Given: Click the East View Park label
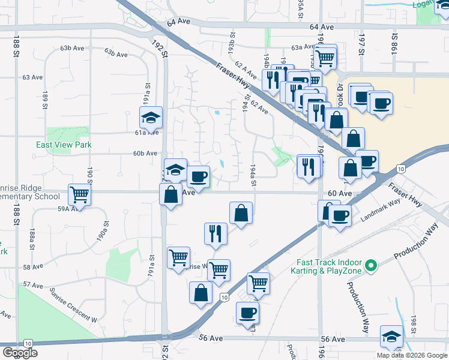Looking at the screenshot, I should [64, 145].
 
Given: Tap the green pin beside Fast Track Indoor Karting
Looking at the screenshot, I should [371, 265].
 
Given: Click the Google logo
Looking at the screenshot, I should [20, 353].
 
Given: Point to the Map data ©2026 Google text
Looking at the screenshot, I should [412, 355].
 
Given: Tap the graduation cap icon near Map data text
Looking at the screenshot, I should [391, 337].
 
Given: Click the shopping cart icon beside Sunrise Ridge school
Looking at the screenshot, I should [79, 194].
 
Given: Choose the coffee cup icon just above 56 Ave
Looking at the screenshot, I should [248, 313].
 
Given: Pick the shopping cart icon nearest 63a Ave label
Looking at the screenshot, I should [325, 58].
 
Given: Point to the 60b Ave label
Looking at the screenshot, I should [145, 154].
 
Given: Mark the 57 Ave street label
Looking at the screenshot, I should [34, 284].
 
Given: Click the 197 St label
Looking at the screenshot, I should [362, 46].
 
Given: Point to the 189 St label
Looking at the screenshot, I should [45, 100].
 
